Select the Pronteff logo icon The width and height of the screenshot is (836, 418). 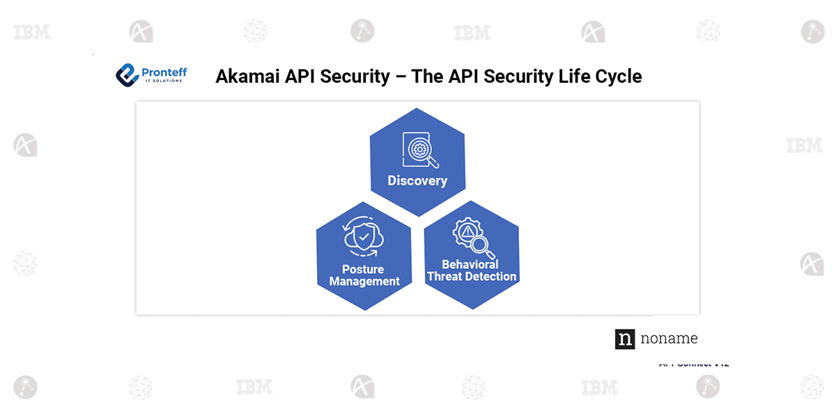point(127,75)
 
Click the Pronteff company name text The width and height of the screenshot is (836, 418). point(164,72)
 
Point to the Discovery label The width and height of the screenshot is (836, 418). point(417,181)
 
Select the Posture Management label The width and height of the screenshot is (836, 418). point(364,275)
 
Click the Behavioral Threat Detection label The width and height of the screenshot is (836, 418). point(472,270)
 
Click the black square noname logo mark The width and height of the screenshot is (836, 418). point(625,339)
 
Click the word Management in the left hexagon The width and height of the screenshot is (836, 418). point(364,281)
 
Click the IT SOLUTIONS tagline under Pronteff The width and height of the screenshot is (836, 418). point(162,81)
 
